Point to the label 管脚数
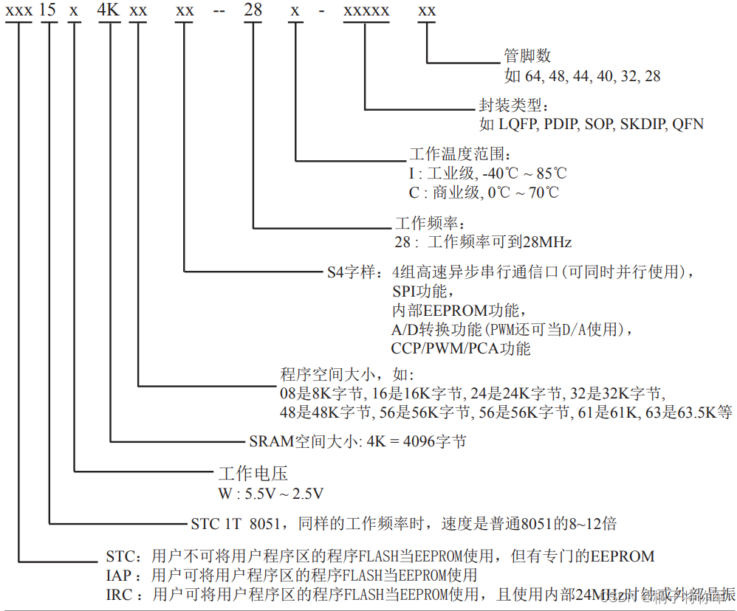pos(527,56)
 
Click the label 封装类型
pos(505,106)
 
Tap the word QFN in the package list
pos(688,124)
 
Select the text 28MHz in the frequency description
pos(547,241)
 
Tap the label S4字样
pos(354,272)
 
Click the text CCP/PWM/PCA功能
pos(461,348)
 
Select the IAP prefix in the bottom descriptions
pos(120,575)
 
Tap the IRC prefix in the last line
pos(120,594)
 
